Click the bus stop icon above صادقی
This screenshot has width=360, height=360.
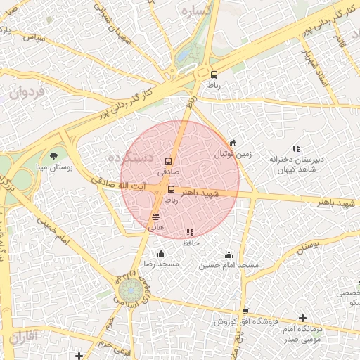point(167,161)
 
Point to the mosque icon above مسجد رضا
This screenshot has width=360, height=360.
point(162,254)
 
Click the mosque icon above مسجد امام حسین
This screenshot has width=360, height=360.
point(229,255)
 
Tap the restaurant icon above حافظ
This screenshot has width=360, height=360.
point(190,232)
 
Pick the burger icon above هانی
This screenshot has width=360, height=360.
point(155,217)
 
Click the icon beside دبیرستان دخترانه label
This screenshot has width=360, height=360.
point(296,148)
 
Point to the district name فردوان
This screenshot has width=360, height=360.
point(27,91)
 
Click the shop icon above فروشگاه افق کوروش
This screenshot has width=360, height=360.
point(244,311)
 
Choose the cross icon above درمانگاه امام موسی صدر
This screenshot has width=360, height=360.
point(302,318)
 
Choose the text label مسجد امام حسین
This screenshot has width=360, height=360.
point(229,265)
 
